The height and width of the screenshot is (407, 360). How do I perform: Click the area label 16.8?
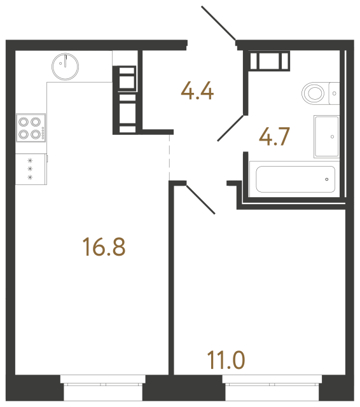(x=104, y=245)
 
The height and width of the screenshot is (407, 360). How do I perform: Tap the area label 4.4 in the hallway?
(x=197, y=91)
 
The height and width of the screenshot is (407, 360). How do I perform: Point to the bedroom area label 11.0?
(x=225, y=359)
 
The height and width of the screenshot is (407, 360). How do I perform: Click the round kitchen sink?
(x=65, y=66)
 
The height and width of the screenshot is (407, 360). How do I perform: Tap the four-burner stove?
(x=29, y=127)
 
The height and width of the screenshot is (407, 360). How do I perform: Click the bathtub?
(x=294, y=179)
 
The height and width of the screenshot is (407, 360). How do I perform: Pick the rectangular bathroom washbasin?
(x=328, y=135)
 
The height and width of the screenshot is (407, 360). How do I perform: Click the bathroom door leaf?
(x=232, y=127)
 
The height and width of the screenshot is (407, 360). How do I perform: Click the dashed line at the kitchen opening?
(x=170, y=156)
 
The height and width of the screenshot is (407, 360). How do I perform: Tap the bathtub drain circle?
(x=326, y=179)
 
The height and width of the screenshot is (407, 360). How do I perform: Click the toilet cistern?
(x=335, y=93)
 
